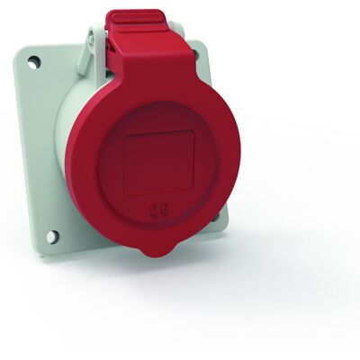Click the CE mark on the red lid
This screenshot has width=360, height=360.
pos(160,209)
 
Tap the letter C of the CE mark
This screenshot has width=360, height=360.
pos(155,210)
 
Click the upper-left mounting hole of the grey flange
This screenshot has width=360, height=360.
pos(34,62)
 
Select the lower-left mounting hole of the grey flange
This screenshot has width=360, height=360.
pos(52,237)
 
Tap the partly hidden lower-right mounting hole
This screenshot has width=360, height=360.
pos(217,217)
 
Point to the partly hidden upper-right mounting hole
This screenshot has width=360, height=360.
pos(195,53)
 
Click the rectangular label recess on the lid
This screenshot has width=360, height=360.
pos(159,163)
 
